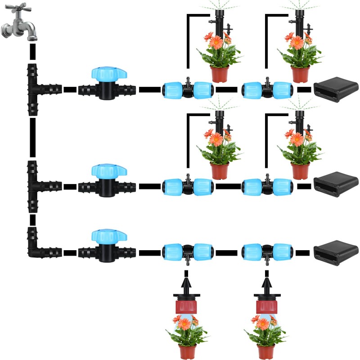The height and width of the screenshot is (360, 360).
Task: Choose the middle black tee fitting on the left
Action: [38, 185]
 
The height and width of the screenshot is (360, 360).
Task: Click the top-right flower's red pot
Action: [300, 74]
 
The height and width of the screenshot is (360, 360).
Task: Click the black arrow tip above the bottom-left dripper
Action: [186, 284]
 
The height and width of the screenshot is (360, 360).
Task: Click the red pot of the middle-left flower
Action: [220, 171]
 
